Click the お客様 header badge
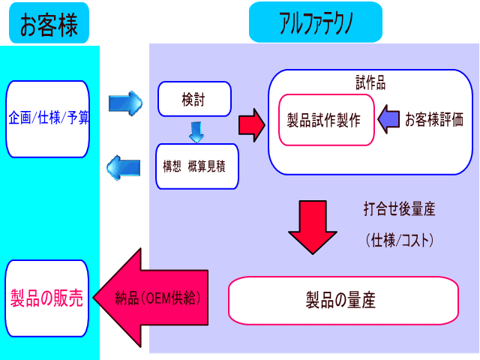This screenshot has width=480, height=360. [49, 23]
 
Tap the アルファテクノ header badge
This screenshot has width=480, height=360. [316, 22]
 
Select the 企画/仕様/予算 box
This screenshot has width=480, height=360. [48, 119]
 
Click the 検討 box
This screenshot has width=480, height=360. [194, 99]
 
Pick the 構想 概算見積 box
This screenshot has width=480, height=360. [196, 166]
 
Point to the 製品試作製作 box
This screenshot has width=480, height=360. [326, 120]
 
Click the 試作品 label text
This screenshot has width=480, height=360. [370, 82]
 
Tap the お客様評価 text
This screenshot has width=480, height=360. [434, 119]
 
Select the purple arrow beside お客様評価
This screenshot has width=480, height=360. [388, 119]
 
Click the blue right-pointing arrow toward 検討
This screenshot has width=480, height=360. [125, 103]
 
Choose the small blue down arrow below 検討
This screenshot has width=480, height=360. [196, 132]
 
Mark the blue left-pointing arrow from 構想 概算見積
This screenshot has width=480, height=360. [123, 168]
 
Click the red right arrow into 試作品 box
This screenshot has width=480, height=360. [252, 125]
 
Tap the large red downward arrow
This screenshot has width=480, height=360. [313, 227]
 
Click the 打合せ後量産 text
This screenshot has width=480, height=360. [399, 209]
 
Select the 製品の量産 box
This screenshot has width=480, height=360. [343, 300]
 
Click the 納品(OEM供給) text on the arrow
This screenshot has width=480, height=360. [158, 298]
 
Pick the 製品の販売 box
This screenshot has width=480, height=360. [46, 298]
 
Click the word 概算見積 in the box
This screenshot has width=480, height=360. [207, 166]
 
